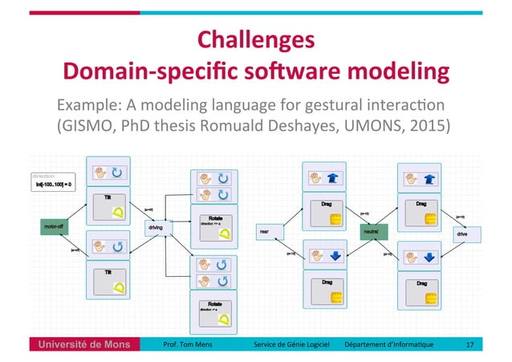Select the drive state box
tap(463, 234)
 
